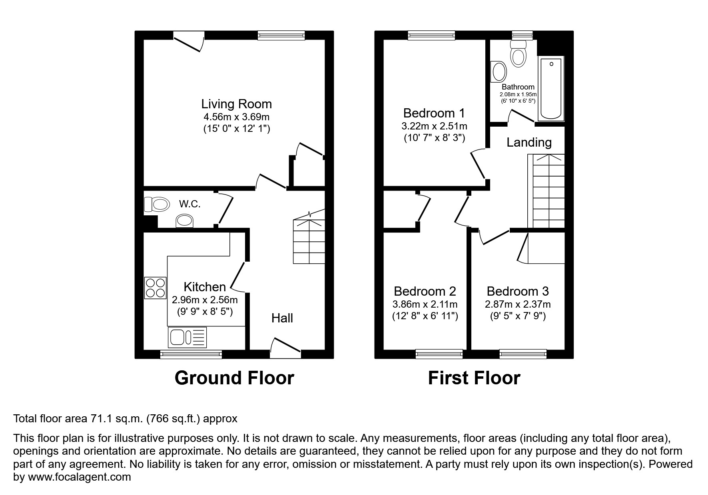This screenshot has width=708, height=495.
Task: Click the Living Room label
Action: coord(236,104)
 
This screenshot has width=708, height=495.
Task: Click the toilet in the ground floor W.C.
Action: coord(156,205)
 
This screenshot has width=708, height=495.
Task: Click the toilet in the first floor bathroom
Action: coord(518,55)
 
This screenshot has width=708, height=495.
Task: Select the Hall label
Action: coord(282,318)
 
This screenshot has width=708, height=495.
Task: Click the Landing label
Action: coord(529,142)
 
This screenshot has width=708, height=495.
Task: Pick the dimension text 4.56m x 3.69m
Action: coord(236,117)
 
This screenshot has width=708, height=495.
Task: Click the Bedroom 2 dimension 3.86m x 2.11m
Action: coord(425,304)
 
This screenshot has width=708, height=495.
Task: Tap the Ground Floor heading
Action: coord(234,378)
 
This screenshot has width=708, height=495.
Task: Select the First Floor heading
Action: coord(474,378)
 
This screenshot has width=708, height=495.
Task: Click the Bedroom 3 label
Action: coord(517,291)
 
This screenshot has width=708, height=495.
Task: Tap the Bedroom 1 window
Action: coord(431,36)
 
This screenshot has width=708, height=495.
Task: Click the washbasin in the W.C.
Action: coord(185,221)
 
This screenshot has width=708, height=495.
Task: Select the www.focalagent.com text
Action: coord(80,477)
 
